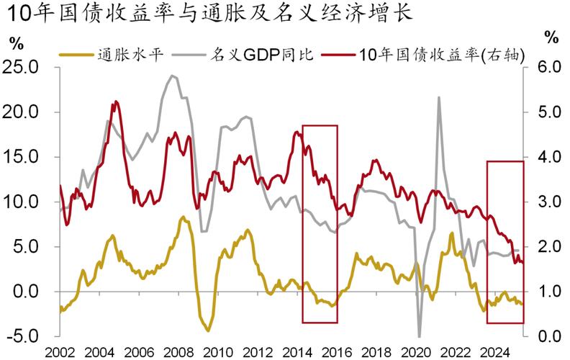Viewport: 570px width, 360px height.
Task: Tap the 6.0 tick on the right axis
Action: [546, 67]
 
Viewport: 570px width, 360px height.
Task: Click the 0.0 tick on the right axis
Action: [546, 336]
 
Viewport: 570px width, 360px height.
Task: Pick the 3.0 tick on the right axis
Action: [546, 202]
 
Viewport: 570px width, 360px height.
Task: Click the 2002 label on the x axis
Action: [60, 352]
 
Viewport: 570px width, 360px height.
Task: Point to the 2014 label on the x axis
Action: [297, 352]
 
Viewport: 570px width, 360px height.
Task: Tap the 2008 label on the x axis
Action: [178, 352]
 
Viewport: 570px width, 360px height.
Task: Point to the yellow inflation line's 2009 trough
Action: [207, 330]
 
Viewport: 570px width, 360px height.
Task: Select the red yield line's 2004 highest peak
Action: [114, 102]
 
